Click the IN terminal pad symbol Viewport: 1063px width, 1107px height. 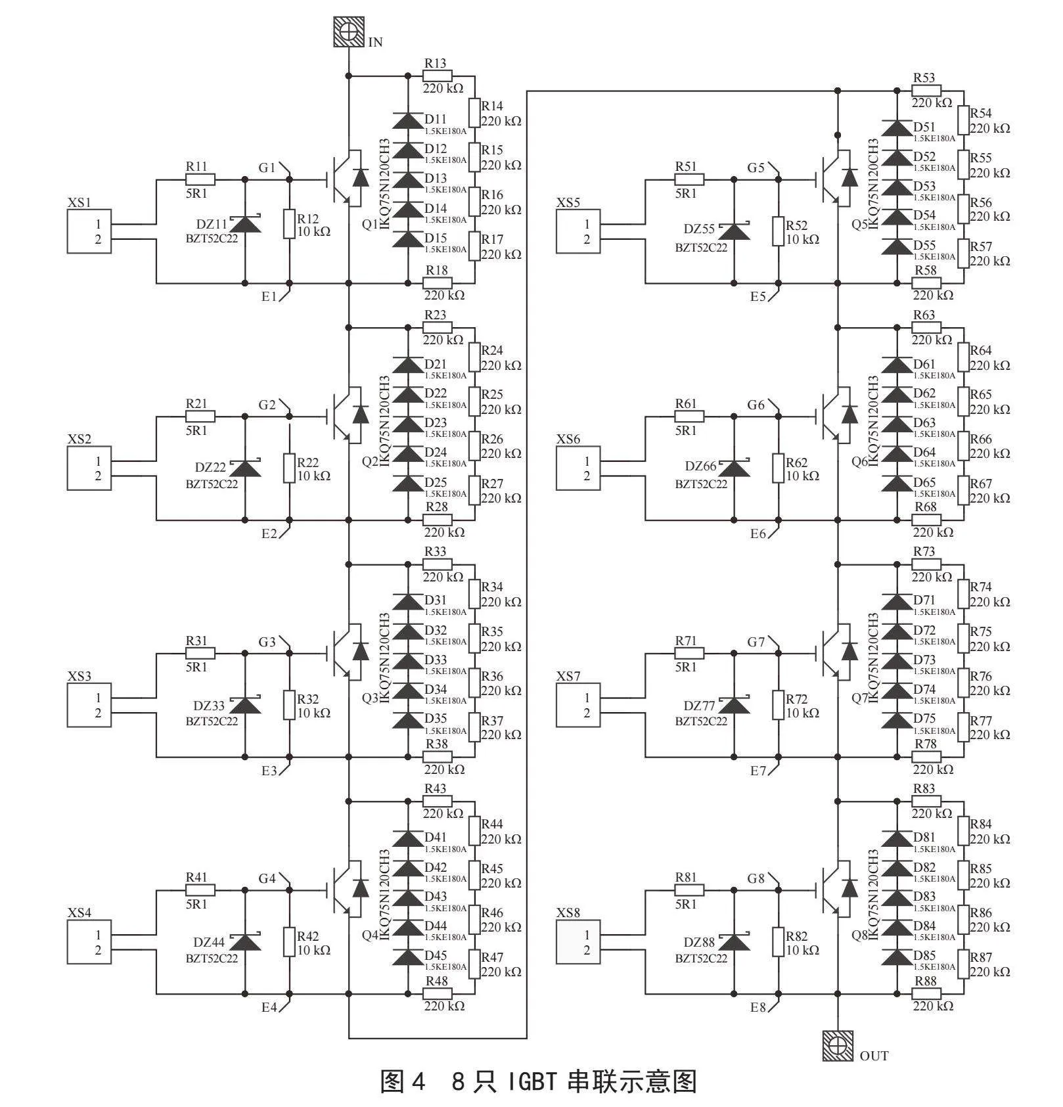coord(348,32)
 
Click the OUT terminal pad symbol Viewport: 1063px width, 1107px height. coord(838,1047)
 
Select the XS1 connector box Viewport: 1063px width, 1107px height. coord(89,231)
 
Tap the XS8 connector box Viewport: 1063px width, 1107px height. coord(578,941)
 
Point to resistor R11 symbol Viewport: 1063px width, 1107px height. coord(200,179)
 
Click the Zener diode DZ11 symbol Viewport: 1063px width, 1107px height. coord(245,223)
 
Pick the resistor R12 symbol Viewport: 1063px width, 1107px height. coord(289,223)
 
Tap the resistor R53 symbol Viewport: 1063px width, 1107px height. coord(926,91)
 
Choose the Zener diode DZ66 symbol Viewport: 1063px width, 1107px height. coord(734,468)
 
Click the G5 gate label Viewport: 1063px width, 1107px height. coord(756,168)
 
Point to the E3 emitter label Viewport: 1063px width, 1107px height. coord(269,771)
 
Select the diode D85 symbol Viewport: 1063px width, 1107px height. coord(897,957)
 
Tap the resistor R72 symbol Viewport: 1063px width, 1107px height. coord(779,705)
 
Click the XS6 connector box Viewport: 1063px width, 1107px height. coord(578,468)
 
